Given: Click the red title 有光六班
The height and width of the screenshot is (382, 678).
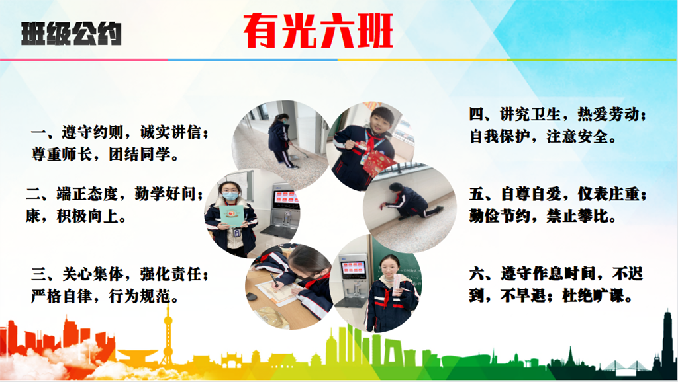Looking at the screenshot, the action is (x=318, y=30).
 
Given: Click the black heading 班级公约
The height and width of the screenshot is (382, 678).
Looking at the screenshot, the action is (x=72, y=34).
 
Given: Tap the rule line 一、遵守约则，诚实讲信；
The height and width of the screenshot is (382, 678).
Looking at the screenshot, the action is (x=120, y=132).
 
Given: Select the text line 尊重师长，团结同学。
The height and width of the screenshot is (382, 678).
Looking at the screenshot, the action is (x=105, y=154).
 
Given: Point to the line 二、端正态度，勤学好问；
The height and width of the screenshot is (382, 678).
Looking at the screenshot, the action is (x=115, y=194).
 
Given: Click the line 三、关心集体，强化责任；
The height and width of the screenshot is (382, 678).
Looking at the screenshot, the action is (x=120, y=274).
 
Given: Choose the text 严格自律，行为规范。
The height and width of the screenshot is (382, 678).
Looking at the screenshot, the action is (x=105, y=296).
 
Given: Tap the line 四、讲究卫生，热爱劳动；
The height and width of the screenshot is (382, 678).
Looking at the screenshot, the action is (x=557, y=114).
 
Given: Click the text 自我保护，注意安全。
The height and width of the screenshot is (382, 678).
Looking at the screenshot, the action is (x=544, y=136).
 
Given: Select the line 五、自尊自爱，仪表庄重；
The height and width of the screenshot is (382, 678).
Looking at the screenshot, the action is (x=557, y=194).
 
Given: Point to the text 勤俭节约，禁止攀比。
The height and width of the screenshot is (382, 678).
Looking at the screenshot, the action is (x=544, y=216).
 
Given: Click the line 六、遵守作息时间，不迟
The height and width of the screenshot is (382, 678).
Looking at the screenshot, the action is (x=556, y=274).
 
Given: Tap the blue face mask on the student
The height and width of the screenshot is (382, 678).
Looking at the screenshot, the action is (x=230, y=196).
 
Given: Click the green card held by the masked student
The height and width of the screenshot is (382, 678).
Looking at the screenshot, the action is (x=231, y=215).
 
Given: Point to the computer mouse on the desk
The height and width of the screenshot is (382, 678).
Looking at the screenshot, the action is (x=251, y=297).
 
